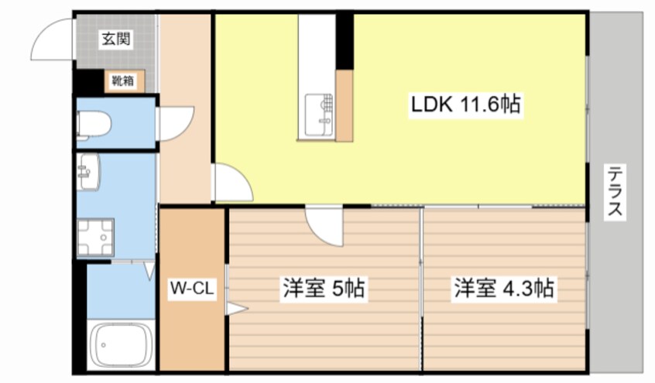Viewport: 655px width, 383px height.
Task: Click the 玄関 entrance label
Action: click(115, 38)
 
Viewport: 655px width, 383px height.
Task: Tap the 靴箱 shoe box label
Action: click(122, 80)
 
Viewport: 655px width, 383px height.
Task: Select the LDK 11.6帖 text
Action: click(465, 104)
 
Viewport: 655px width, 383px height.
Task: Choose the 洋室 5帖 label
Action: click(323, 289)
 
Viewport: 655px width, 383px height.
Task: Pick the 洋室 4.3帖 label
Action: click(502, 289)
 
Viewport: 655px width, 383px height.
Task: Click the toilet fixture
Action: click(95, 125)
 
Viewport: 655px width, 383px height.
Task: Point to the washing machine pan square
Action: click(95, 237)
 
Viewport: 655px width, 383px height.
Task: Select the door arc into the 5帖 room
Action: click(323, 225)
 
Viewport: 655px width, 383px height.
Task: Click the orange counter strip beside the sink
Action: click(345, 104)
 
